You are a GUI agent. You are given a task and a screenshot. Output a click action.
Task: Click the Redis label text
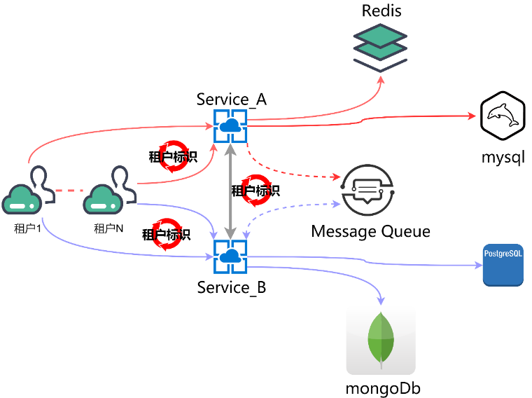[381, 11]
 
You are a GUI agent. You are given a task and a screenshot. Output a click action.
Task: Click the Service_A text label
[231, 99]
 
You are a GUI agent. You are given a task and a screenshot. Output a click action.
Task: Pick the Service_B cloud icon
[229, 257]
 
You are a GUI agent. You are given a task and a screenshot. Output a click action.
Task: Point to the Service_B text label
[231, 287]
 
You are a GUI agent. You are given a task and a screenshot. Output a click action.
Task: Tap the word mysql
[503, 156]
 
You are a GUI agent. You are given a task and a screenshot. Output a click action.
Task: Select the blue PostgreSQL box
[503, 265]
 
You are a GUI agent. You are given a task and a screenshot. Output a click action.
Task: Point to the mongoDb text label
[383, 388]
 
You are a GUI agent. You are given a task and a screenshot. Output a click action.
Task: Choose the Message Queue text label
[370, 231]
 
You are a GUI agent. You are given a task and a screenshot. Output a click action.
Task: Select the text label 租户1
[27, 228]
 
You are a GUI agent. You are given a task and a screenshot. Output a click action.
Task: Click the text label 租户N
[108, 228]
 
